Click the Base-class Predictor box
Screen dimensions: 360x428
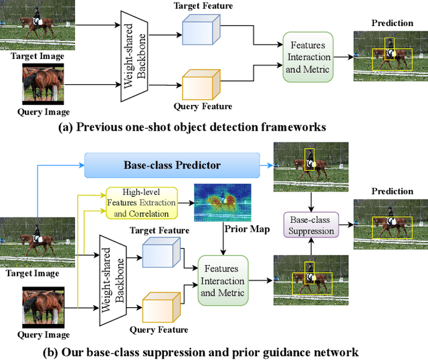tap(172, 164)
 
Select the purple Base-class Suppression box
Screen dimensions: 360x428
tap(310, 226)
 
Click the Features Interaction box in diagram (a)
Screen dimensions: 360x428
tap(308, 57)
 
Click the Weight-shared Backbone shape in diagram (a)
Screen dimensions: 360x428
tap(134, 57)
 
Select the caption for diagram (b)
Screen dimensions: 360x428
tap(212, 351)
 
